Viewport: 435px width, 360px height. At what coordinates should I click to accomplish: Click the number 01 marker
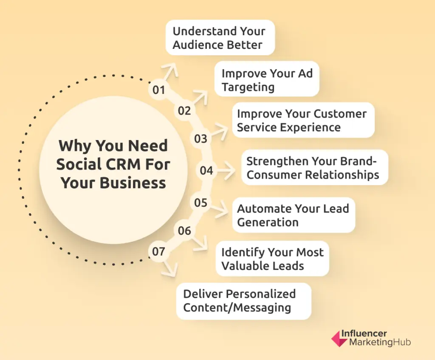pyautogui.click(x=158, y=90)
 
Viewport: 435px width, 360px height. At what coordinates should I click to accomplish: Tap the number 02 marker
pyautogui.click(x=184, y=111)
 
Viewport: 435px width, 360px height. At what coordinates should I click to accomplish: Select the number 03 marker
pyautogui.click(x=201, y=139)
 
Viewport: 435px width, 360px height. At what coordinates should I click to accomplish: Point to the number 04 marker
pyautogui.click(x=206, y=171)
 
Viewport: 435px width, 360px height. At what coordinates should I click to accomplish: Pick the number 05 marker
pyautogui.click(x=201, y=203)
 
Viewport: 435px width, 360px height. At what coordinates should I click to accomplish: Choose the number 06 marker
pyautogui.click(x=184, y=231)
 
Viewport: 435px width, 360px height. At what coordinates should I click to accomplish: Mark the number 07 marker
pyautogui.click(x=158, y=252)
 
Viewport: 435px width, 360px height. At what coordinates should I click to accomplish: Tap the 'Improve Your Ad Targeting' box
pyautogui.click(x=267, y=80)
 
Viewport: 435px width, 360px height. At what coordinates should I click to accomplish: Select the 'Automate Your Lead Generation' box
pyautogui.click(x=293, y=215)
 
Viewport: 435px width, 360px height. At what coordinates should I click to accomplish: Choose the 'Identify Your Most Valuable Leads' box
pyautogui.click(x=272, y=259)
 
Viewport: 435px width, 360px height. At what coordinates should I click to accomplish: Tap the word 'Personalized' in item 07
pyautogui.click(x=261, y=294)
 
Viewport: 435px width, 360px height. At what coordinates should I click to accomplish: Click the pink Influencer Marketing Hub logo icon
pyautogui.click(x=339, y=338)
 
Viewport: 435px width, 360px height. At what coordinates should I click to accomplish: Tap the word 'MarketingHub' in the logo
pyautogui.click(x=380, y=342)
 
